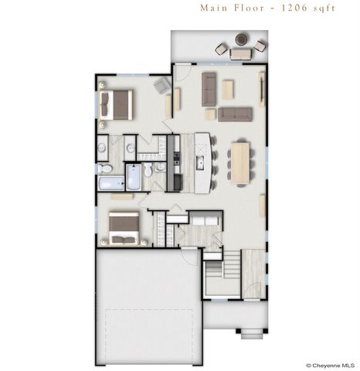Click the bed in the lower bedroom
(123, 228)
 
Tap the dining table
(241, 162)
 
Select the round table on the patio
(242, 39)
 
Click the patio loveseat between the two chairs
(241, 54)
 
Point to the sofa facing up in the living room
(236, 114)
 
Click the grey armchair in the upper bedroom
(162, 86)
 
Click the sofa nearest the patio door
(209, 89)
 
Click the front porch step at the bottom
(250, 334)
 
